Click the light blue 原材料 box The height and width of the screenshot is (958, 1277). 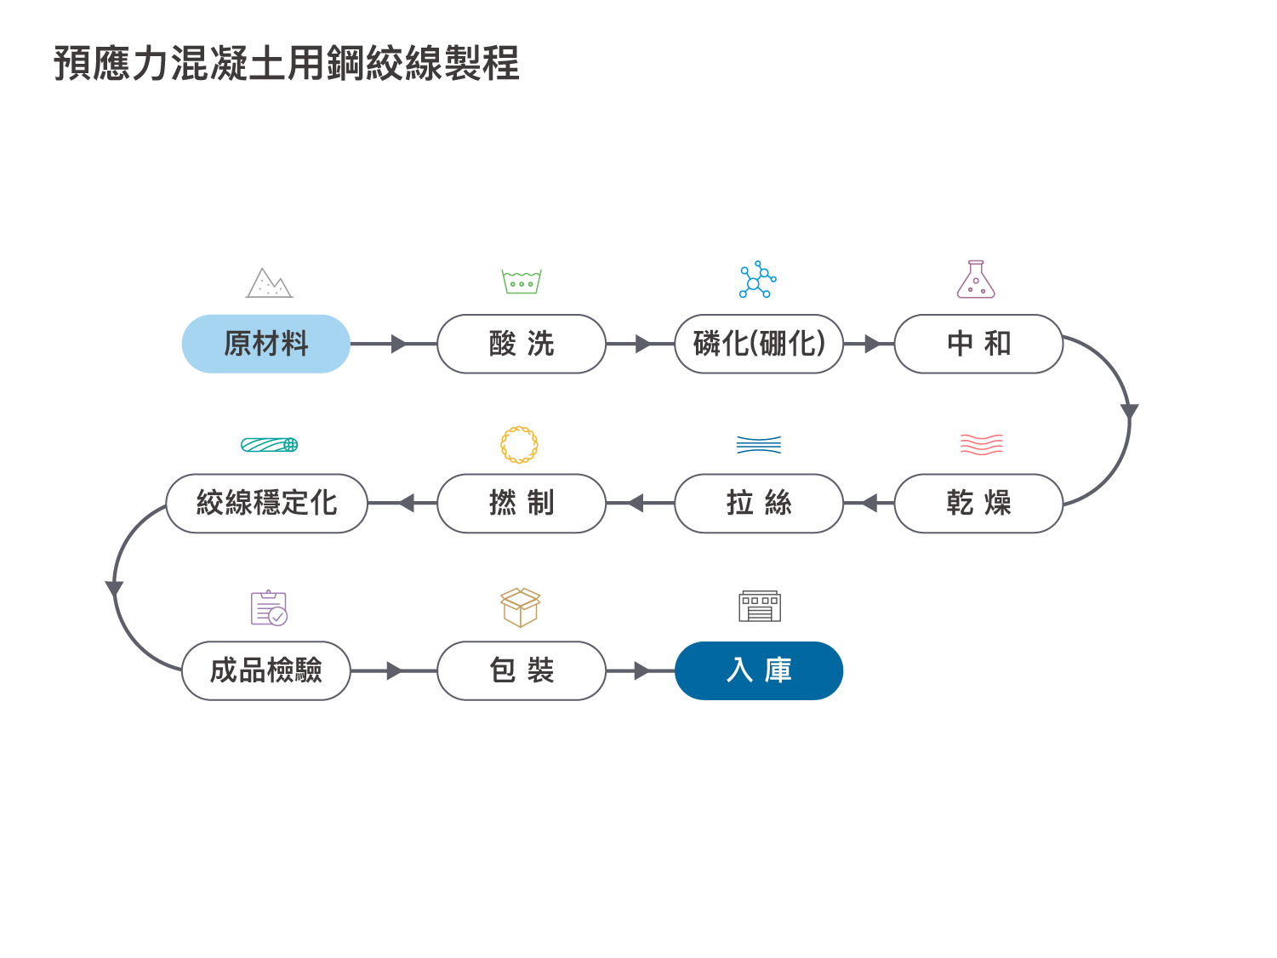266,344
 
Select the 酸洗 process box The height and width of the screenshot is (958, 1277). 522,344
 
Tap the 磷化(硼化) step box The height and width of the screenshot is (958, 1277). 759,344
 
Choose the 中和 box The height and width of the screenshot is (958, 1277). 978,344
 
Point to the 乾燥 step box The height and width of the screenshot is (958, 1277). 978,503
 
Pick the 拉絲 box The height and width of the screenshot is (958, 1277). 759,503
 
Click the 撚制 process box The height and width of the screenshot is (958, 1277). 522,503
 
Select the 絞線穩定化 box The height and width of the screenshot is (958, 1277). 267,503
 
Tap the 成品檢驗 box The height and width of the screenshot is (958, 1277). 266,670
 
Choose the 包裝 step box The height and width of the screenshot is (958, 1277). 522,670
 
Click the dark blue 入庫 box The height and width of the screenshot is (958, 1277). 759,670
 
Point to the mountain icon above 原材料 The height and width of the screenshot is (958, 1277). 269,282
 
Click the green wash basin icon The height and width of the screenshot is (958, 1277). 522,282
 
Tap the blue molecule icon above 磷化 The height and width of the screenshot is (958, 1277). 757,280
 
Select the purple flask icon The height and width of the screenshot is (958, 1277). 976,279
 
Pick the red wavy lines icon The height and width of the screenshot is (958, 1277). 982,444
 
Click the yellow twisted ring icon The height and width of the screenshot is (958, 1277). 519,445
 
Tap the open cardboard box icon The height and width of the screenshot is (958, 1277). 520,607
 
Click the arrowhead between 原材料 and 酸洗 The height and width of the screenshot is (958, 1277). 399,344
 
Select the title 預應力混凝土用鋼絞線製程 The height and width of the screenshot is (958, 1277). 286,63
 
